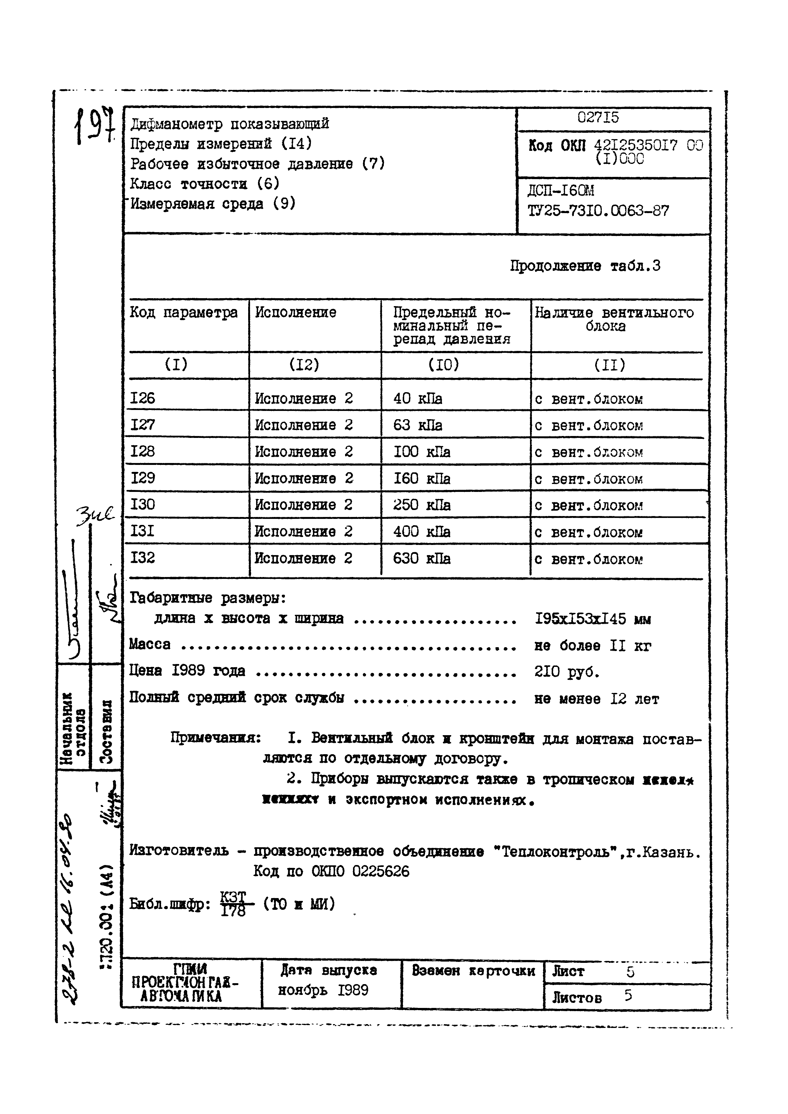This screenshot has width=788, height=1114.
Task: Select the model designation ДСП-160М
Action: coord(561,191)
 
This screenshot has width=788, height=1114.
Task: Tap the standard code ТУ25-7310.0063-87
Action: coord(598,211)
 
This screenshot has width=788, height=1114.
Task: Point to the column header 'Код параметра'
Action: coord(184,312)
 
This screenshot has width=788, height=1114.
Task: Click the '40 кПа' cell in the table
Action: coord(418,399)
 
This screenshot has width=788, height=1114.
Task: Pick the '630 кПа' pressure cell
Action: coord(421,559)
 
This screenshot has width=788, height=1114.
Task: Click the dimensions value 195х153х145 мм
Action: coord(592,619)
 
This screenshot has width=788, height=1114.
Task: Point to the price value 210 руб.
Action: coord(567,672)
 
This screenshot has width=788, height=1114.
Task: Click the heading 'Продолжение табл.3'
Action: coord(585,266)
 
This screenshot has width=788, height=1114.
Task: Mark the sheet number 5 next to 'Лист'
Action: coord(630,972)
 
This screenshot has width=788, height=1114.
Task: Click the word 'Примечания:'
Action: coord(215,738)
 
